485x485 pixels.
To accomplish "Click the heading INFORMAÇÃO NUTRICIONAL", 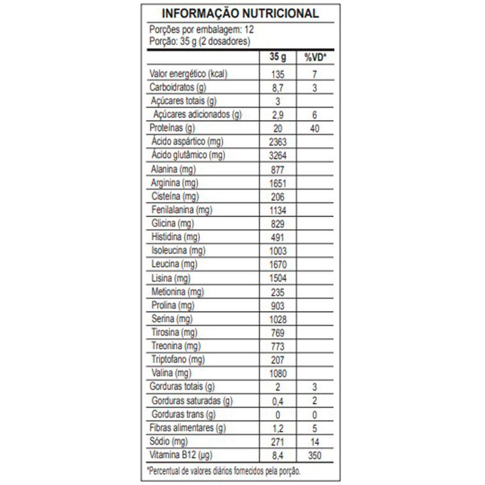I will [240, 13].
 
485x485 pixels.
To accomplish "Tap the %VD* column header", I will [315, 58].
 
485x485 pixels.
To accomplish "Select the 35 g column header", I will [278, 58].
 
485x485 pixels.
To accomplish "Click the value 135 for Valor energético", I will [278, 74].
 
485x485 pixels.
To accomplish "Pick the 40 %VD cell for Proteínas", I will [315, 129].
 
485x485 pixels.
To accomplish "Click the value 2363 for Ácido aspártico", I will [278, 142].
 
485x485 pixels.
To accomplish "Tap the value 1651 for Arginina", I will [278, 183].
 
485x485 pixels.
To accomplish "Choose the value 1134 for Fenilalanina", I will [278, 210].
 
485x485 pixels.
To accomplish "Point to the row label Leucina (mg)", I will [168, 265].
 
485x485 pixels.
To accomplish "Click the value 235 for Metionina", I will [278, 292].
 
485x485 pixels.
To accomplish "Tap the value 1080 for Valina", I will [278, 373].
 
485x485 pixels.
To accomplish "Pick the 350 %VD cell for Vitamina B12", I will [315, 455].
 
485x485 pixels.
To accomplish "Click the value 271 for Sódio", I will [278, 442].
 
